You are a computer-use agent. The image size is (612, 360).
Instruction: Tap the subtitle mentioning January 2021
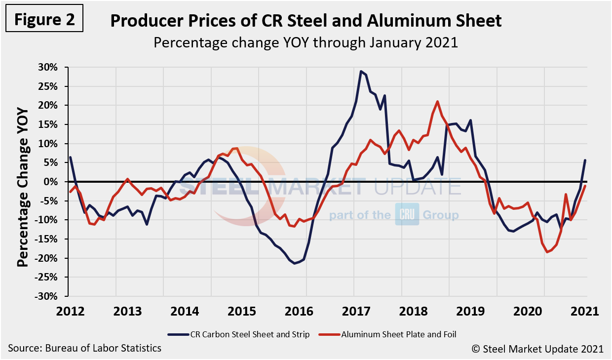pyautogui.click(x=306, y=42)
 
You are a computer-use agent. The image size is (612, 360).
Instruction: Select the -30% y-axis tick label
pyautogui.click(x=48, y=296)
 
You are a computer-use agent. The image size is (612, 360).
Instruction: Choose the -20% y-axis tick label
pyautogui.click(x=48, y=258)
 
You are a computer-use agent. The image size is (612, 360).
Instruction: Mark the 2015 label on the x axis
pyautogui.click(x=258, y=312)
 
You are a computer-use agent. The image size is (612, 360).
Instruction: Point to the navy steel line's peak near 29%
pyautogui.click(x=361, y=71)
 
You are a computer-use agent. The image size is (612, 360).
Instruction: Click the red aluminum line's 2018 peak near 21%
pyautogui.click(x=437, y=102)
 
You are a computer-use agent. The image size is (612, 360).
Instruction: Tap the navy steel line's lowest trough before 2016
pyautogui.click(x=295, y=263)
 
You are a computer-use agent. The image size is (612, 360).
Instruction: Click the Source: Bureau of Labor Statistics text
pyautogui.click(x=85, y=348)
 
